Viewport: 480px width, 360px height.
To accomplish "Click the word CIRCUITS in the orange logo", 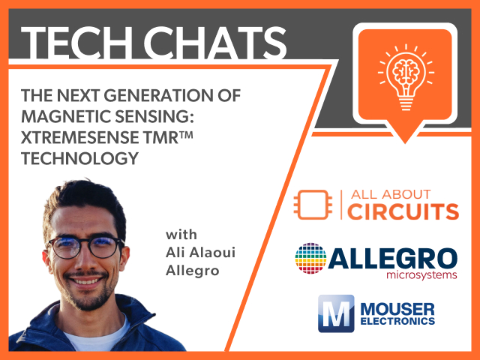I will click(403, 211).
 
